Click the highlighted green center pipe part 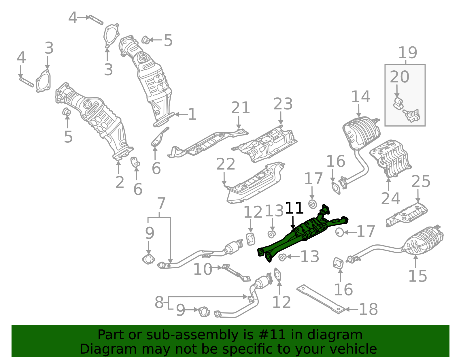(305, 232)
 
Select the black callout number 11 (294, 208)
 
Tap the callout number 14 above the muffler (360, 97)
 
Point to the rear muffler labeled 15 (424, 241)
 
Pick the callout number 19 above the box (407, 53)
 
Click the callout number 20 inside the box (399, 77)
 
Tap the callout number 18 (369, 309)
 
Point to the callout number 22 (226, 164)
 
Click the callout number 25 (421, 182)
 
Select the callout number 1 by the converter (192, 114)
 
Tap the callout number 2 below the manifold (120, 182)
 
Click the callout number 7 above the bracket (161, 203)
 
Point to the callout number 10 (203, 269)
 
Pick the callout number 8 (159, 302)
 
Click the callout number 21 (240, 108)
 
